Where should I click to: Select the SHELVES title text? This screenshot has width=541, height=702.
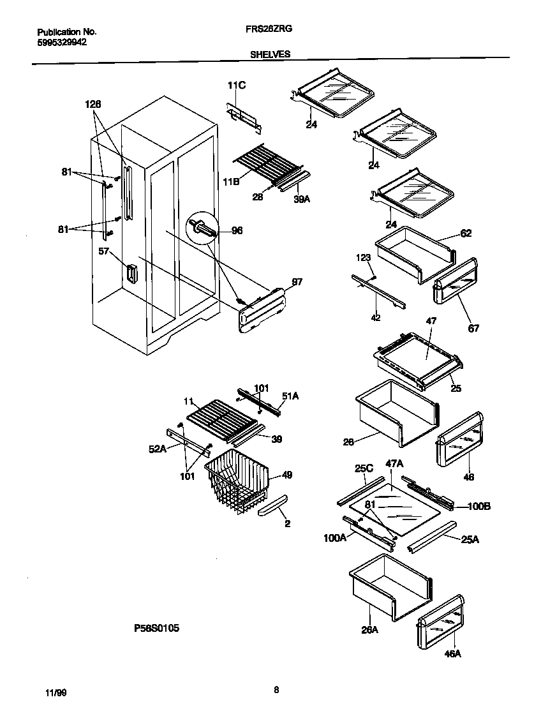tap(270, 55)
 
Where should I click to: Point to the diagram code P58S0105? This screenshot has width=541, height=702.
tap(156, 628)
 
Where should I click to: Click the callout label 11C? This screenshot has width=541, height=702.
tap(236, 86)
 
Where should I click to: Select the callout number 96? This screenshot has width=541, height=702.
tap(236, 231)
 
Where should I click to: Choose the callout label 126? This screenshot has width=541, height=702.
tap(93, 104)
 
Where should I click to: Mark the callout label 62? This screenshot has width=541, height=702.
tap(466, 234)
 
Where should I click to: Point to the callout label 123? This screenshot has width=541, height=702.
tap(364, 257)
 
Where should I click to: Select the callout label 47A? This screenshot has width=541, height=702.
tap(394, 464)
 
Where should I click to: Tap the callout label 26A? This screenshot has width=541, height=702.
tap(370, 629)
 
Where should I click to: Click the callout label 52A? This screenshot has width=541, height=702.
tap(158, 449)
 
